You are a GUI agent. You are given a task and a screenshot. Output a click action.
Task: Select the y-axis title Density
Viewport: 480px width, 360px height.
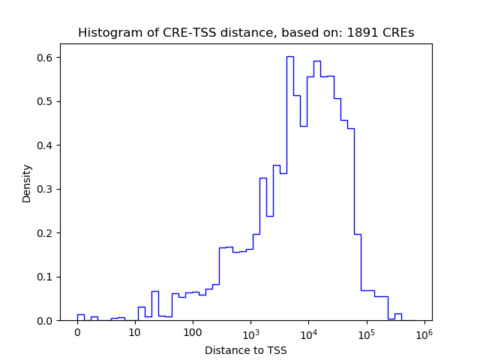pos(27,183)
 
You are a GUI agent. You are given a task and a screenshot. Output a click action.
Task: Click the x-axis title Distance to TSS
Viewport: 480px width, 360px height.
pos(246,350)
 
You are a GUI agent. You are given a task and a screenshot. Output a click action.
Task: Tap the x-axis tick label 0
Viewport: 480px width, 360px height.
pos(77,332)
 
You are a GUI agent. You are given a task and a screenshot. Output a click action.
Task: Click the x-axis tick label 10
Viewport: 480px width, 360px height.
pos(135,332)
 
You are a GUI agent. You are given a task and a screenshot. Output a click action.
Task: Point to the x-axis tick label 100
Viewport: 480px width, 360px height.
pos(193,332)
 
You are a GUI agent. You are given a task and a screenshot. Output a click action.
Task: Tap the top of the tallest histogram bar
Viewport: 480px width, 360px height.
pos(289,56)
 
